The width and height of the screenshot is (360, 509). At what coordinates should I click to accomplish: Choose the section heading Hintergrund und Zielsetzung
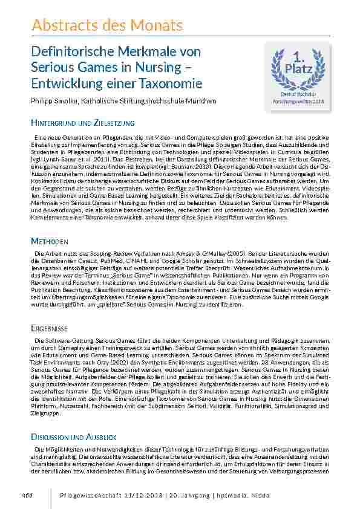point(82,123)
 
